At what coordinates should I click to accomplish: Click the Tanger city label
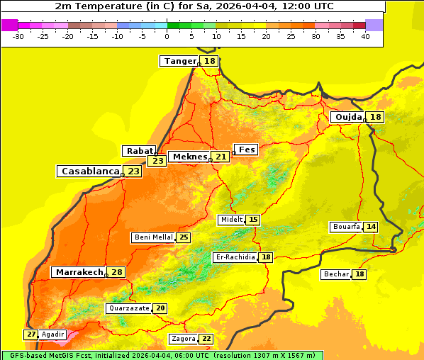coord(179,61)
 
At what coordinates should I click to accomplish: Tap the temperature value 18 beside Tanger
coord(210,62)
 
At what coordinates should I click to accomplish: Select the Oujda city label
coord(348,117)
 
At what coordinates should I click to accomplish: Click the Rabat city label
coord(139,151)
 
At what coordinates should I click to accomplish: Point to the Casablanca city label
coord(90,171)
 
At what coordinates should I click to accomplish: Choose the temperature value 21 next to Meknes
coord(221,157)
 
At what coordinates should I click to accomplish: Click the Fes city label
coord(247,150)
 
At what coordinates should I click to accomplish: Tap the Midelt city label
coord(232,220)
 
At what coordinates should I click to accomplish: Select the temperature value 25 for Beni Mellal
coord(184,237)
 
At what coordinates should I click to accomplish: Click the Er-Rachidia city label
coord(235,257)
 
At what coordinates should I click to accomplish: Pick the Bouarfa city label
coord(346,227)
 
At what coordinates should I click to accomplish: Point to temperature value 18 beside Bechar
coord(359,274)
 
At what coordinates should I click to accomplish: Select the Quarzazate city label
coord(128,308)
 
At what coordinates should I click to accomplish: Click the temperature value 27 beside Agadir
coord(31,334)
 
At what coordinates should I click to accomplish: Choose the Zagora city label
coord(183,339)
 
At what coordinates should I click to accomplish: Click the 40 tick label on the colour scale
coord(364,36)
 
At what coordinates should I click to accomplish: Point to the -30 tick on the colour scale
coord(18,36)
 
